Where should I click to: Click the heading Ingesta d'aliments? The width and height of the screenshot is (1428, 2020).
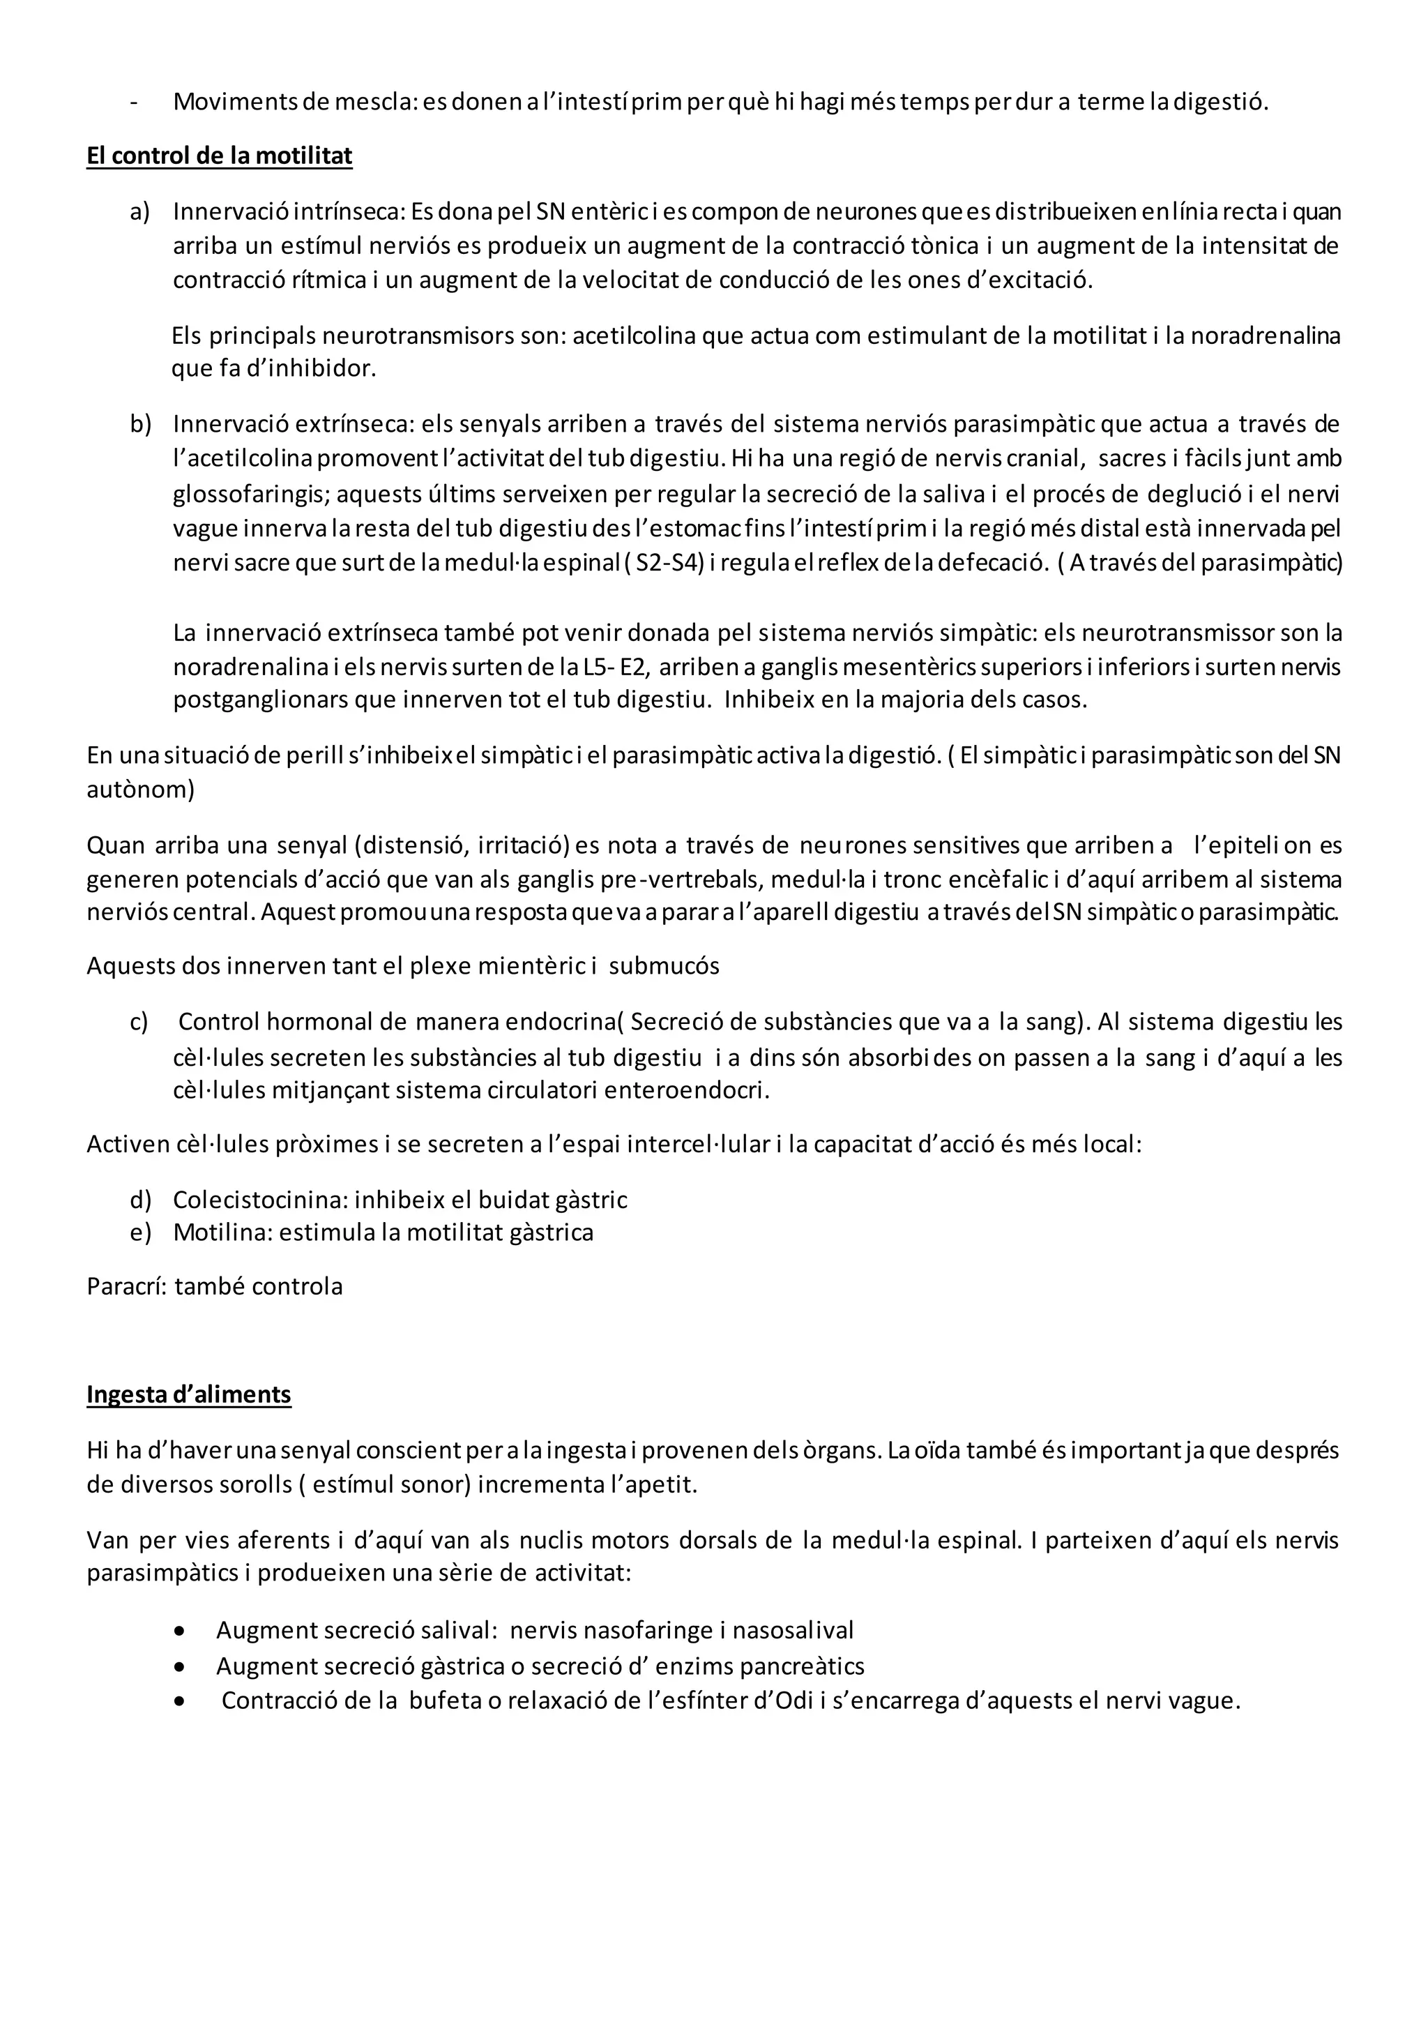click(x=188, y=1394)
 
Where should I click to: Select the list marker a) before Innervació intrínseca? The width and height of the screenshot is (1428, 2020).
click(x=140, y=212)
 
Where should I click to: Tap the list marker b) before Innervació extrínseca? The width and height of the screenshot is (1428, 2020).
click(x=141, y=424)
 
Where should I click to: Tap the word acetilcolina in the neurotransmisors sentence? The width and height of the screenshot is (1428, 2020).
click(x=634, y=336)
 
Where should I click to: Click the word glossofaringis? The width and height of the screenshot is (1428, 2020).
click(x=250, y=494)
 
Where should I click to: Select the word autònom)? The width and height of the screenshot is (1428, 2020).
click(x=140, y=789)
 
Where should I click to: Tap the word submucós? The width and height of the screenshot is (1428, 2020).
click(x=664, y=966)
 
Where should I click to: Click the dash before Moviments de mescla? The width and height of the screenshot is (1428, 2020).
click(x=134, y=102)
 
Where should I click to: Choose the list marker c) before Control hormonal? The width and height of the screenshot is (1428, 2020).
click(x=139, y=1023)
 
